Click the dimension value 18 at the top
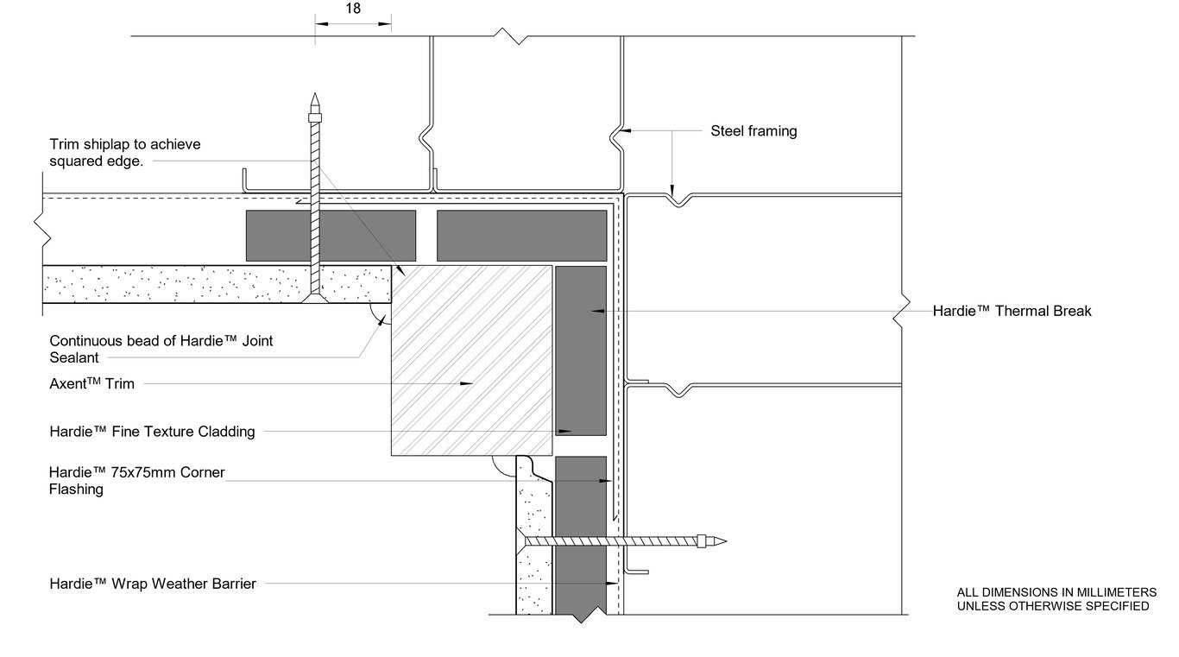coord(352,9)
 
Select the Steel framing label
coord(753,131)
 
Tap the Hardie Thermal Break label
coord(1012,311)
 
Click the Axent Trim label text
coord(92,383)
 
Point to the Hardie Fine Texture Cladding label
coord(152,432)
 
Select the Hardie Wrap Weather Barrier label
coord(153,584)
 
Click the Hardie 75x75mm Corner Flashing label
coord(136,481)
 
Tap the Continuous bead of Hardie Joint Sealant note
coord(161,349)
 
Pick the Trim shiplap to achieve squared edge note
coord(124,153)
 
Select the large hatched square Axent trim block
coord(471,360)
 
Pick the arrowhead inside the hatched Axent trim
coord(467,383)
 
